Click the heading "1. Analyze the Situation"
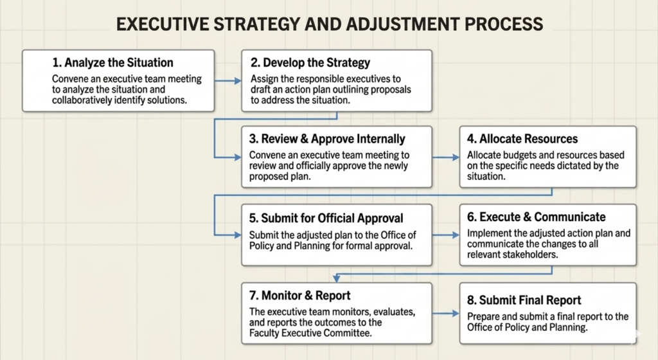pyautogui.click(x=112, y=63)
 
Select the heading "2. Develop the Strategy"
pyautogui.click(x=310, y=63)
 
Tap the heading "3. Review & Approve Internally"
pyautogui.click(x=327, y=139)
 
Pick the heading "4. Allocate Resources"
pyautogui.click(x=522, y=139)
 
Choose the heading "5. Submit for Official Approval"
pyautogui.click(x=326, y=218)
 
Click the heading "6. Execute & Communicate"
pyautogui.click(x=537, y=217)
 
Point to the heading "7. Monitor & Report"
pyautogui.click(x=299, y=295)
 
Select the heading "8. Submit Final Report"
pyautogui.click(x=524, y=300)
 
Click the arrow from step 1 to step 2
pyautogui.click(x=228, y=80)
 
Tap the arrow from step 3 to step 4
pyautogui.click(x=446, y=157)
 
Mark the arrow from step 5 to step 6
pyautogui.click(x=446, y=235)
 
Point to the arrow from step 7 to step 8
pyautogui.click(x=446, y=314)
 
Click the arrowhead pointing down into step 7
pyautogui.click(x=337, y=278)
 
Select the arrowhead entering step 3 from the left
pyautogui.click(x=238, y=157)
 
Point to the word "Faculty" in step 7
pyautogui.click(x=264, y=333)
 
